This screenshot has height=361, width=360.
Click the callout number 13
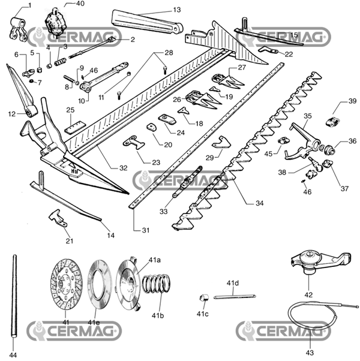[160, 10]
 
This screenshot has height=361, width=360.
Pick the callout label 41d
[233, 282]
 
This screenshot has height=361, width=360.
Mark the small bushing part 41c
[203, 298]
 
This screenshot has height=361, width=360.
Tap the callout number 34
[259, 203]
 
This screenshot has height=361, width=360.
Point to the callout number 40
[80, 4]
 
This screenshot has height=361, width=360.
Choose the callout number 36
[352, 142]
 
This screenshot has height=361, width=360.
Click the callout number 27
[241, 67]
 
